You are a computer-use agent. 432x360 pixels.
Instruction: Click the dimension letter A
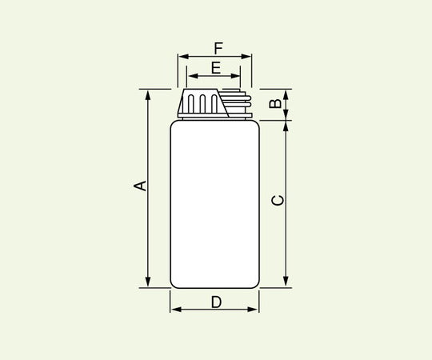pyautogui.click(x=139, y=186)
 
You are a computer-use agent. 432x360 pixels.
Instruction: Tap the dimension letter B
pyautogui.click(x=274, y=104)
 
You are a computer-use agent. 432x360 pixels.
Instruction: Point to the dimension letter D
pyautogui.click(x=216, y=302)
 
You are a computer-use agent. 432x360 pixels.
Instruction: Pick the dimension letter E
pyautogui.click(x=215, y=68)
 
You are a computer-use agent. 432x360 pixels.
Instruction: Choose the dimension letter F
pyautogui.click(x=218, y=48)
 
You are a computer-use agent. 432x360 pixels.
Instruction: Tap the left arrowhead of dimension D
pyautogui.click(x=174, y=309)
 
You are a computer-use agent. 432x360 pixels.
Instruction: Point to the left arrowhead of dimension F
pyautogui.click(x=182, y=57)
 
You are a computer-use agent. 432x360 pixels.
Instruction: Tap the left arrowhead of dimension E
pyautogui.click(x=190, y=77)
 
